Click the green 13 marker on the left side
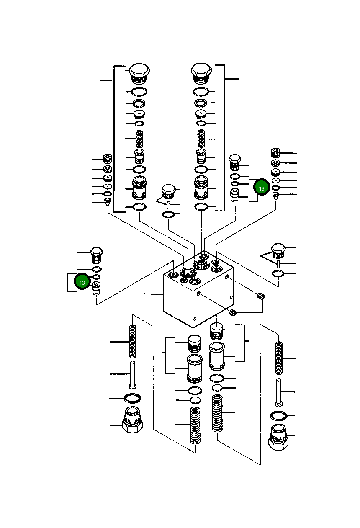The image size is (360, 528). [82, 282]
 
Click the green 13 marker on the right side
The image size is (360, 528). [262, 188]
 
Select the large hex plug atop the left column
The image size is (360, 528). [139, 73]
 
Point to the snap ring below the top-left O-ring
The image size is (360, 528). [139, 103]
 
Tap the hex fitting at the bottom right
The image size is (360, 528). [278, 438]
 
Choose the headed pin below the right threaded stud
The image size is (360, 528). [278, 392]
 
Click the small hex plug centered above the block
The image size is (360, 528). [168, 191]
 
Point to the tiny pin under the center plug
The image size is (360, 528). [168, 205]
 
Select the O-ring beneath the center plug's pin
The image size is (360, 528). [168, 215]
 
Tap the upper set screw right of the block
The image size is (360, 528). [261, 296]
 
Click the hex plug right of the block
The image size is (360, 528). [278, 250]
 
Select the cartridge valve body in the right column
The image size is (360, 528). [201, 188]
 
